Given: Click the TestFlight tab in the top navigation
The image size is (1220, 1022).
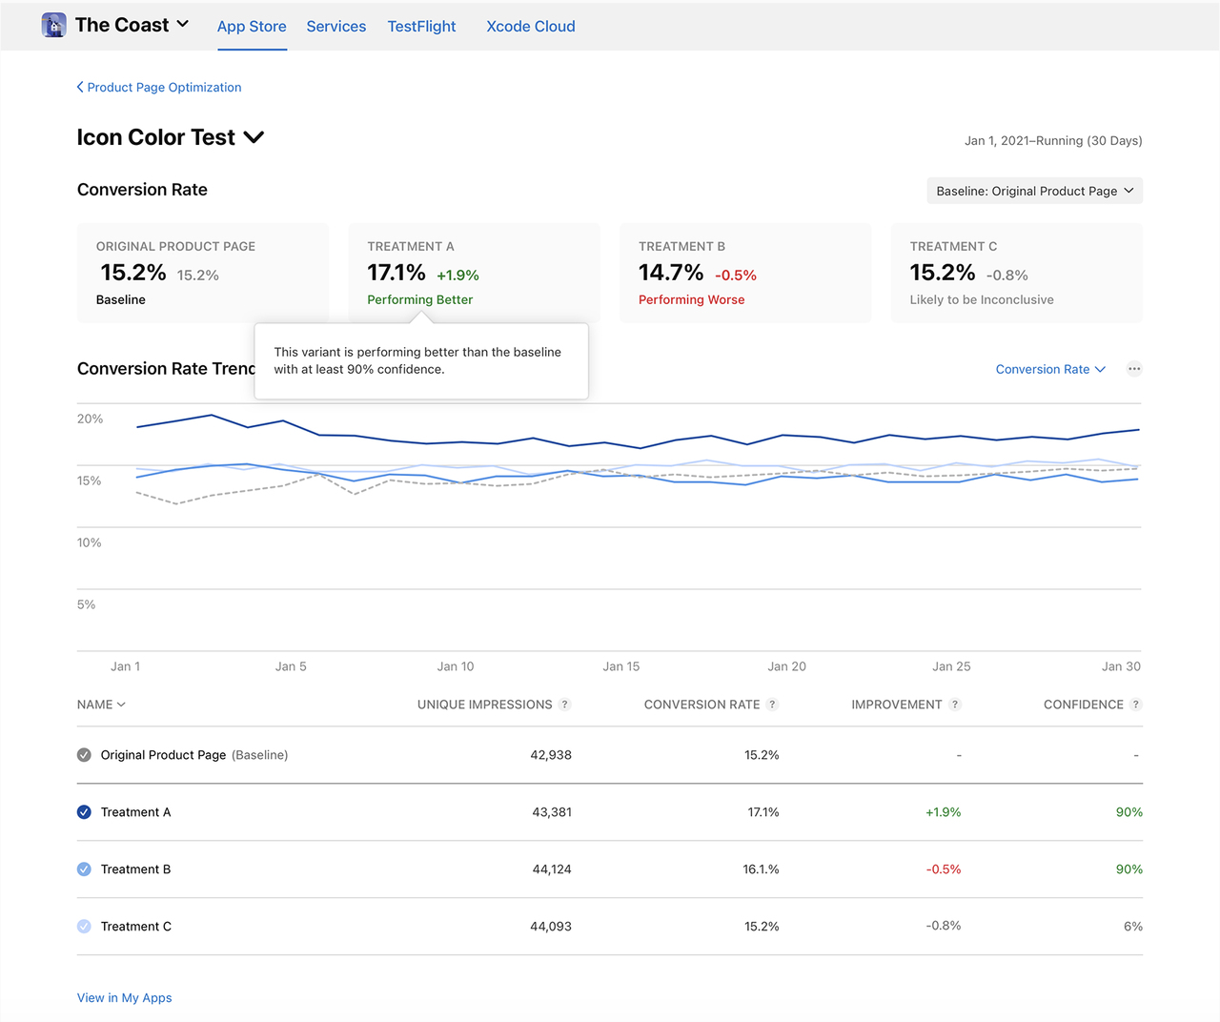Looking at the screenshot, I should click(x=421, y=27).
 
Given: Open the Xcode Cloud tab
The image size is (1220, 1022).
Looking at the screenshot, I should click(x=531, y=27).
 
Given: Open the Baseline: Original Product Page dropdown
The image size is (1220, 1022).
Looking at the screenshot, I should click(x=1034, y=191).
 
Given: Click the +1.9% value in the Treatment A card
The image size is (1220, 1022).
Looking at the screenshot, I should click(x=457, y=276).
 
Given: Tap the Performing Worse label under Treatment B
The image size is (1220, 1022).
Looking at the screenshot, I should click(x=691, y=299).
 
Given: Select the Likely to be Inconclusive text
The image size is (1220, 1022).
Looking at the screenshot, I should click(x=982, y=299).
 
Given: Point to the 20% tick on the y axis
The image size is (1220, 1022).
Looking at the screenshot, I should click(x=91, y=419).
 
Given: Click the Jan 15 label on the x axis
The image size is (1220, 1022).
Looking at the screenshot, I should click(x=621, y=666).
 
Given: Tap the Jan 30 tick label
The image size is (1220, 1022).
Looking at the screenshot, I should click(x=1121, y=666).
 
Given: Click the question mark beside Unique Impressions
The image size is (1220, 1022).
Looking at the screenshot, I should click(x=565, y=705).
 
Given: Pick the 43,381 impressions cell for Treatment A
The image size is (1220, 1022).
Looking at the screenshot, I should click(x=552, y=812).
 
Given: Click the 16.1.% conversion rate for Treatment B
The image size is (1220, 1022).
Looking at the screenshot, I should click(x=761, y=869).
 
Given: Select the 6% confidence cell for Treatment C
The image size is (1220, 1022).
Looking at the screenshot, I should click(x=1132, y=927).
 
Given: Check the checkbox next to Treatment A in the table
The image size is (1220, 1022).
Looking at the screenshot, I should click(x=84, y=812).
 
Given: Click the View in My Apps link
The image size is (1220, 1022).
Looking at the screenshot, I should click(x=125, y=998).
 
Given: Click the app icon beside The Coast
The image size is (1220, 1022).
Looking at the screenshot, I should click(x=54, y=25).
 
